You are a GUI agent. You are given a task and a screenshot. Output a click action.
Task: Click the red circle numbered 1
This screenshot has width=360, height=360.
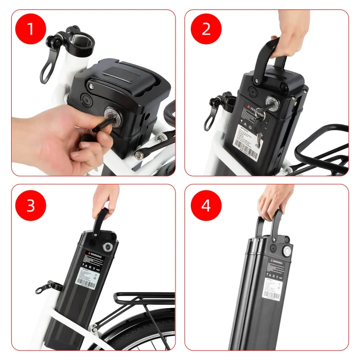(31, 29)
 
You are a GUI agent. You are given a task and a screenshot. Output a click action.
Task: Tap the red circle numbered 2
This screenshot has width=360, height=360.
(206, 29)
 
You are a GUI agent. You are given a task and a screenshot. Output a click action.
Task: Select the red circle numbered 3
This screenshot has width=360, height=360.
(31, 205)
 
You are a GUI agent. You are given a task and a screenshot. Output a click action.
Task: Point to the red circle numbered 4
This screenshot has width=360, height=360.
(206, 205)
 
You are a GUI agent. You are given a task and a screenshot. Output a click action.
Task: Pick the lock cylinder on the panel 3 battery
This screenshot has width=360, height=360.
(108, 247)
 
